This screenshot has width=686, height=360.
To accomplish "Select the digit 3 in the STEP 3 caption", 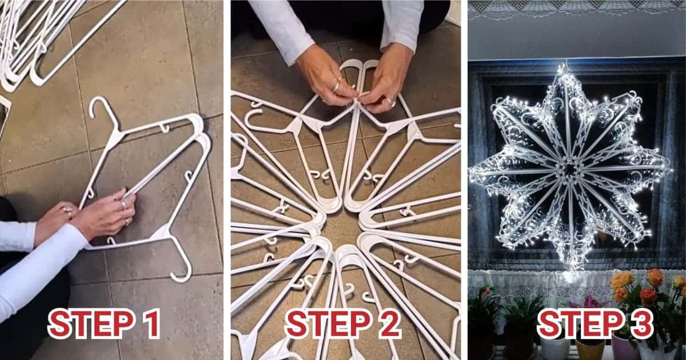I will pos(639,323).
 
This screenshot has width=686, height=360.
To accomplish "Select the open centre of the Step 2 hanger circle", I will pos(343,223).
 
